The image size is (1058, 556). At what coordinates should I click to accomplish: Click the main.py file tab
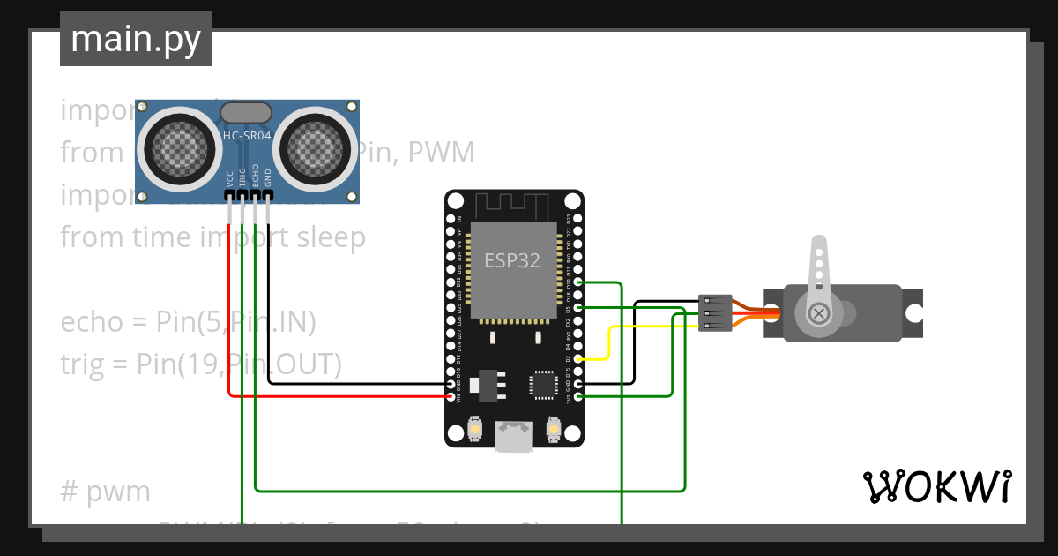tap(135, 39)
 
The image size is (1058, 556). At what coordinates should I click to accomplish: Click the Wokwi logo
tap(936, 486)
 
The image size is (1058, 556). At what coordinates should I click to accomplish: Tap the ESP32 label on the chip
tap(511, 260)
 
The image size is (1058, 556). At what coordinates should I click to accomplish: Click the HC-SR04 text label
tap(247, 136)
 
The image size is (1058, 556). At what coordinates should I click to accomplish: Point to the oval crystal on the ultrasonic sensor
tap(246, 112)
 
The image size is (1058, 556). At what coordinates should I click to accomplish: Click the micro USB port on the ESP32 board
tap(513, 436)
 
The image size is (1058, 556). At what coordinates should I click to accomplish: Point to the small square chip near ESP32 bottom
tap(543, 385)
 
